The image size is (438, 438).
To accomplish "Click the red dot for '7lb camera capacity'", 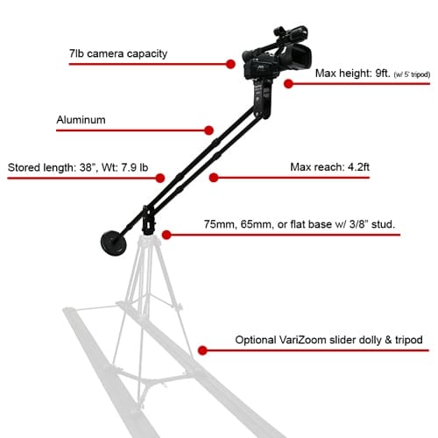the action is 230,64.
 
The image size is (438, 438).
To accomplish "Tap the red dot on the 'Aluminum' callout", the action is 208,131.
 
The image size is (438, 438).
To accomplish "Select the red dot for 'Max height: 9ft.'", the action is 288,84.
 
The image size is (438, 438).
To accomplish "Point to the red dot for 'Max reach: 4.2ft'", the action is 214,178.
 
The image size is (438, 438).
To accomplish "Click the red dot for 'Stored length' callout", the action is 160,178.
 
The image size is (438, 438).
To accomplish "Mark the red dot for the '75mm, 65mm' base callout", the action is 166,235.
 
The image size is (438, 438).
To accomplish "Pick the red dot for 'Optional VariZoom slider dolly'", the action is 202,350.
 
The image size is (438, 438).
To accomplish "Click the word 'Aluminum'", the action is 81,120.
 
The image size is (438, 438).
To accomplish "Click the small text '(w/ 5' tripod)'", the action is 412,74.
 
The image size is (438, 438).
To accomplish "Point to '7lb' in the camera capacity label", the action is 76,53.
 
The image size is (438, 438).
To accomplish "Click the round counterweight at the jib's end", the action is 113,244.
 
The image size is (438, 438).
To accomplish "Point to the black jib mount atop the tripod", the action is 148,221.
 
